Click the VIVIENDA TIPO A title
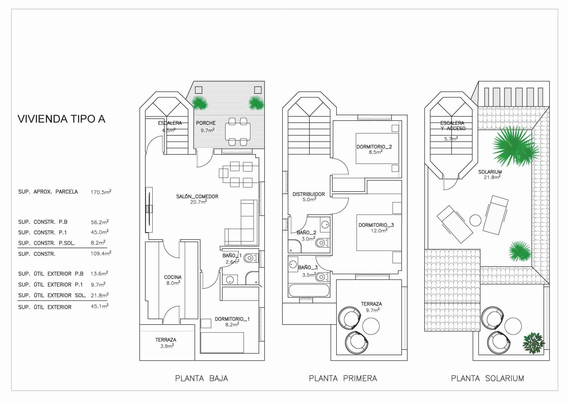(61, 119)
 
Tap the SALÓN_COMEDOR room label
(197, 196)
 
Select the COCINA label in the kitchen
(173, 277)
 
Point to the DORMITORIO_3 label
(376, 225)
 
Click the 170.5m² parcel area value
(101, 192)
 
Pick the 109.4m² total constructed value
(101, 253)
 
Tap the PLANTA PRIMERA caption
(343, 379)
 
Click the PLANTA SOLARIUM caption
(487, 379)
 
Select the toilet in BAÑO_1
(251, 258)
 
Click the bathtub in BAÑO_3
(309, 290)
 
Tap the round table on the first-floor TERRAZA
(371, 326)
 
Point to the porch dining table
(237, 131)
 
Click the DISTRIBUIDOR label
(308, 194)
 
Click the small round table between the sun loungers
(475, 221)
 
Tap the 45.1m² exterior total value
(100, 306)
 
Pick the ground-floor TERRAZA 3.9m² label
(166, 343)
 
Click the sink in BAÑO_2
(325, 224)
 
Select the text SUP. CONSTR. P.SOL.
(47, 243)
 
